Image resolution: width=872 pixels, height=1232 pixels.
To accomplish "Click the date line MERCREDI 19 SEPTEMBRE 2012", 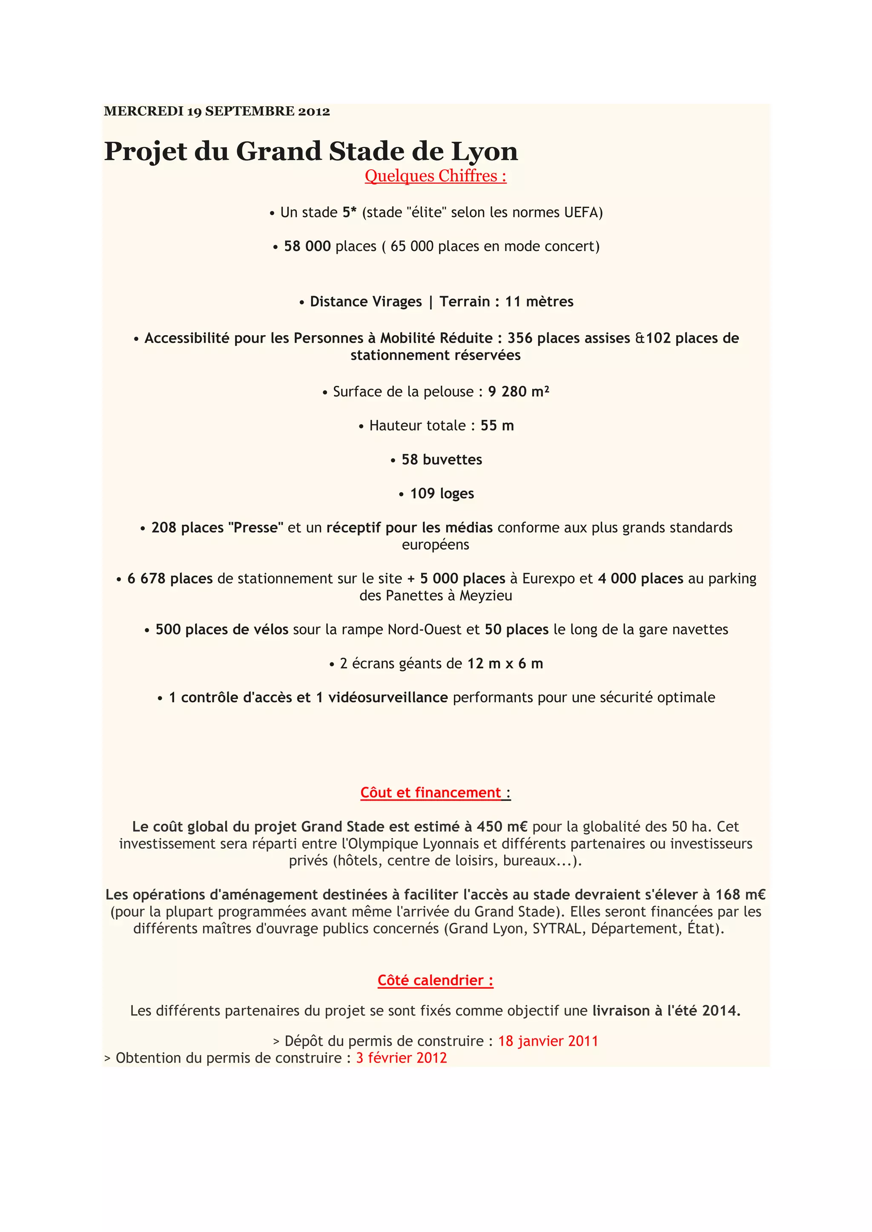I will pyautogui.click(x=217, y=111).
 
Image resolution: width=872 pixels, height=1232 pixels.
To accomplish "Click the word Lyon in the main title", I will pyautogui.click(x=484, y=151).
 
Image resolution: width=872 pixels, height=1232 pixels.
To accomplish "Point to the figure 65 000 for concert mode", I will pyautogui.click(x=412, y=246).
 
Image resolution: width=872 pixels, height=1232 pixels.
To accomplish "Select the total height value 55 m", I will pyautogui.click(x=497, y=425).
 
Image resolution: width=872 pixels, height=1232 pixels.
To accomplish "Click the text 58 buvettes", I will pyautogui.click(x=442, y=460).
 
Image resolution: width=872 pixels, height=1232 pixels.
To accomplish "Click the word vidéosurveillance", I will pyautogui.click(x=388, y=698).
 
